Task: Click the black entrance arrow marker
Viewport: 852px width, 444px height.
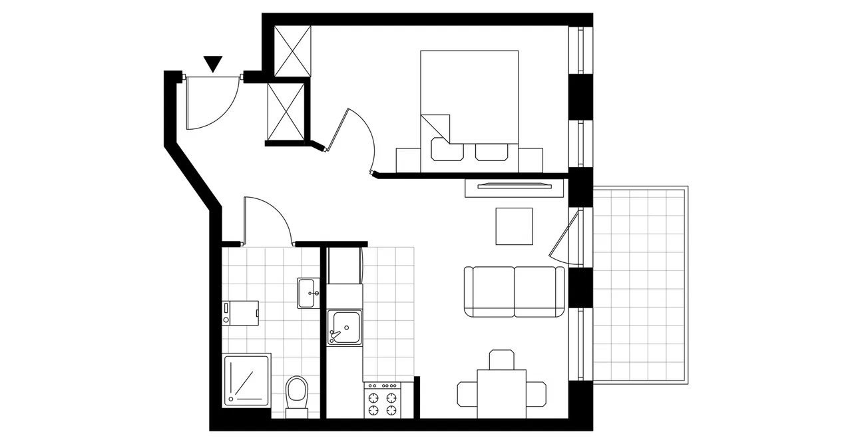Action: coord(212,64)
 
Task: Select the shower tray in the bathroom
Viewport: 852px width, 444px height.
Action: coord(247,380)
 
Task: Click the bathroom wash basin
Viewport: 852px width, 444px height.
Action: coord(308,293)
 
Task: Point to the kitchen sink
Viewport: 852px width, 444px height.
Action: coord(344,328)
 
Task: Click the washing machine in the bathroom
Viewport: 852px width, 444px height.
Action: coord(240,312)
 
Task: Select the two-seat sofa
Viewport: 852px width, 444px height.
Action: coord(514,292)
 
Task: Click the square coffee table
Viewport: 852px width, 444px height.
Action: coord(514,226)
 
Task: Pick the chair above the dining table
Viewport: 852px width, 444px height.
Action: coord(502,359)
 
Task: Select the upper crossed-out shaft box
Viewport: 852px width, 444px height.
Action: coord(293,51)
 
